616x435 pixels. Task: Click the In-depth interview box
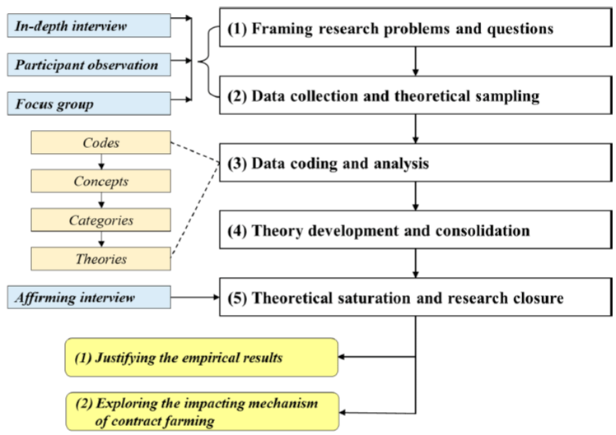pyautogui.click(x=89, y=25)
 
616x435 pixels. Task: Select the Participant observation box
pyautogui.click(x=89, y=65)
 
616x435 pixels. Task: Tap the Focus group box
pyautogui.click(x=89, y=104)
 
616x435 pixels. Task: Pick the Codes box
pyautogui.click(x=101, y=142)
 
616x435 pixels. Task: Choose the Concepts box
pyautogui.click(x=101, y=181)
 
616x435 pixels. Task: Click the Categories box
pyautogui.click(x=101, y=220)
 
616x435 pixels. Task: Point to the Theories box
pyautogui.click(x=101, y=258)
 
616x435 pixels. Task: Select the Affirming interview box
pyautogui.click(x=89, y=297)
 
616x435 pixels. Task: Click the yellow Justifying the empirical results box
pyautogui.click(x=202, y=358)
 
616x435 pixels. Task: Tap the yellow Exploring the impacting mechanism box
pyautogui.click(x=203, y=411)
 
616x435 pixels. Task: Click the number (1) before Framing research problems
pyautogui.click(x=237, y=29)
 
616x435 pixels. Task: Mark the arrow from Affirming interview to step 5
pyautogui.click(x=195, y=297)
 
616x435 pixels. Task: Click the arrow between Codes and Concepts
pyautogui.click(x=101, y=162)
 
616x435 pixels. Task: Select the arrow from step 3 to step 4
pyautogui.click(x=416, y=197)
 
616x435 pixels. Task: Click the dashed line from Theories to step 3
pyautogui.click(x=195, y=210)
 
